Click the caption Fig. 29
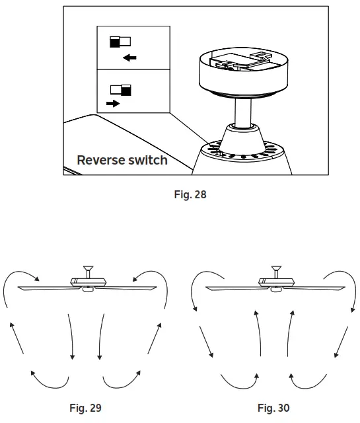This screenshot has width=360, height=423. click(x=85, y=408)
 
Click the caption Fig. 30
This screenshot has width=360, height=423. click(x=273, y=408)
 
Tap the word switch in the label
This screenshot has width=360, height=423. click(x=147, y=160)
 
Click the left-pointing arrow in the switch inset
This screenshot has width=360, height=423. click(x=129, y=58)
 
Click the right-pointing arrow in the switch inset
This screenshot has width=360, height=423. click(x=112, y=104)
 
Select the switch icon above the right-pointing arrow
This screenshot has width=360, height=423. click(x=121, y=89)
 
